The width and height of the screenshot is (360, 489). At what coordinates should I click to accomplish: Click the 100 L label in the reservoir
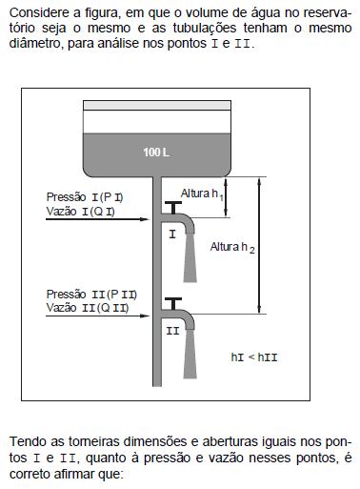click(x=156, y=153)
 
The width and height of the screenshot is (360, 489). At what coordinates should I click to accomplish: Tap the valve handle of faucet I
click(x=173, y=207)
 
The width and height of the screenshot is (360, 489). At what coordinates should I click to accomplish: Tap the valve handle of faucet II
click(x=173, y=303)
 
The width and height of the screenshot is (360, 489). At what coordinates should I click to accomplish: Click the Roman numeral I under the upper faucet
click(x=172, y=234)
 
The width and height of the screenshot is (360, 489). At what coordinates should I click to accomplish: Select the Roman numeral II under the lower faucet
click(x=172, y=331)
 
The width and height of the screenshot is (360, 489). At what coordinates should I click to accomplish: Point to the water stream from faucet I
click(x=190, y=258)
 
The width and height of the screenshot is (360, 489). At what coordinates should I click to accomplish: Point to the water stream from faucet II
click(x=190, y=354)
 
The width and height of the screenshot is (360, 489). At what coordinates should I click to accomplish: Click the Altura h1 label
click(x=202, y=194)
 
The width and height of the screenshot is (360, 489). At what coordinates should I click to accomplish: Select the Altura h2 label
click(x=232, y=247)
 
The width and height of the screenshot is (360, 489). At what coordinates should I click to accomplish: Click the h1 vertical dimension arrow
click(x=226, y=197)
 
